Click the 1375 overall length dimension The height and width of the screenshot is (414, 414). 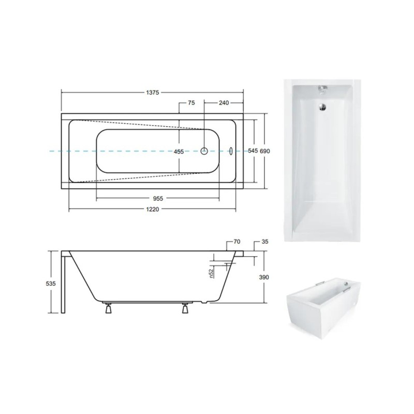pyautogui.click(x=152, y=93)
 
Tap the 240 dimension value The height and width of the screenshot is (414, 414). pyautogui.click(x=224, y=102)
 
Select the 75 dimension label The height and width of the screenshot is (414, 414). pyautogui.click(x=191, y=102)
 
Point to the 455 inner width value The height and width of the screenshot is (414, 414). pyautogui.click(x=179, y=152)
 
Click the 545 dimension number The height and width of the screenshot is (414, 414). pyautogui.click(x=253, y=151)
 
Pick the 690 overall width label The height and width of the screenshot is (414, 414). pyautogui.click(x=265, y=151)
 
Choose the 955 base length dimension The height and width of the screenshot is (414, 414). pyautogui.click(x=158, y=198)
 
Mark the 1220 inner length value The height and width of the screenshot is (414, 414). pyautogui.click(x=152, y=210)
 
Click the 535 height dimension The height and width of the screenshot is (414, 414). pyautogui.click(x=51, y=284)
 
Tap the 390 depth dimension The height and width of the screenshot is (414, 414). pyautogui.click(x=264, y=277)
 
